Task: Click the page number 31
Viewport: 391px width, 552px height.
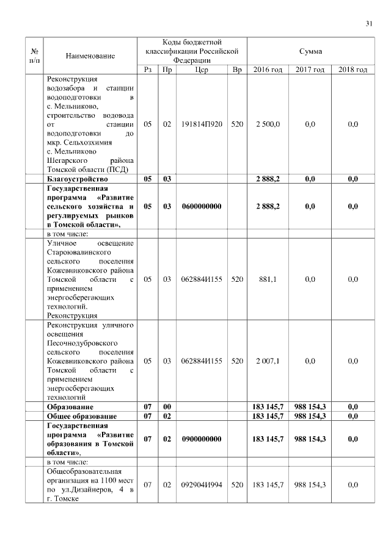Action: [369, 24]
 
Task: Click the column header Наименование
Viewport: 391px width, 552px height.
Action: [90, 56]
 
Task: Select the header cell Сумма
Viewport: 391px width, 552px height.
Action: [311, 51]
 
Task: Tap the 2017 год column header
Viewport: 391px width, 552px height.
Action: [310, 70]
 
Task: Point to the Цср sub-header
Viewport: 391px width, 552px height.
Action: [202, 70]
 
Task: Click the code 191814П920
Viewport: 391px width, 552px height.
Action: [202, 124]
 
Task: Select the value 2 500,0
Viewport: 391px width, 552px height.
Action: [268, 124]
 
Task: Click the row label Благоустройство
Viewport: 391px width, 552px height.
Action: [78, 179]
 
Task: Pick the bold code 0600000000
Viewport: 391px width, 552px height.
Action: [202, 207]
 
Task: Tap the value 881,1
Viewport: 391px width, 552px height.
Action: [268, 279]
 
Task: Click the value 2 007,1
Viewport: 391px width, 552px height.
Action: [268, 360]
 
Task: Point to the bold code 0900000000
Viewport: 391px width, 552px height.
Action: [202, 439]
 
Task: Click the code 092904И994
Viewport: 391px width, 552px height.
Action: [202, 484]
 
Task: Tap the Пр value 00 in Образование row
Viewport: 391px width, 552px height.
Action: [167, 406]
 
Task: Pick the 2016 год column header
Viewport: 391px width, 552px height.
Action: [268, 70]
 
